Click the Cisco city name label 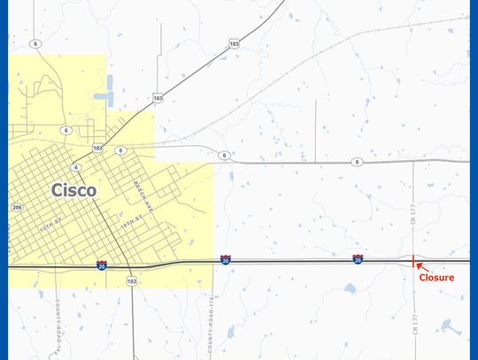coord(74,189)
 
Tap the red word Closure coord(436,278)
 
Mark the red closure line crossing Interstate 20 coord(413,261)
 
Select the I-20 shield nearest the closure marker coord(358,259)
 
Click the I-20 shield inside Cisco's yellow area coord(102,264)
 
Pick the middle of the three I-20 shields coord(226,260)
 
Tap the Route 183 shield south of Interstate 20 coord(132,281)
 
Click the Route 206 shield coord(16,207)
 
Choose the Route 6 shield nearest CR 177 coord(356,162)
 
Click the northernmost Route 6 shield coord(35,43)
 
